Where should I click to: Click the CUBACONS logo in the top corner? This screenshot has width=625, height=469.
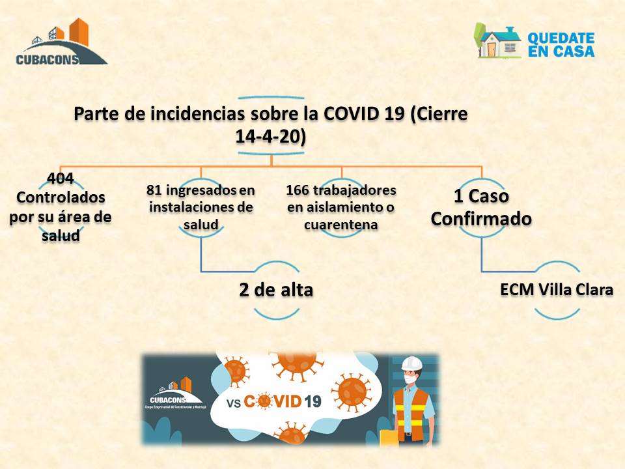(61, 42)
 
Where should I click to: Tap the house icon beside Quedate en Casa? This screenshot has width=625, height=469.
(497, 41)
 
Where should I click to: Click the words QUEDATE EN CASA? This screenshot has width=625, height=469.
(561, 45)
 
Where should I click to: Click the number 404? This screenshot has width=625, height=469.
(60, 178)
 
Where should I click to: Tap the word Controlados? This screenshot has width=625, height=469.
(61, 197)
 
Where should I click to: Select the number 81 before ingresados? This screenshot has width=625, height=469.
(154, 190)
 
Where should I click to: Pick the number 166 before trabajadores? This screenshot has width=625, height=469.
(298, 190)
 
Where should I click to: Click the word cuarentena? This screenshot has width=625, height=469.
(340, 225)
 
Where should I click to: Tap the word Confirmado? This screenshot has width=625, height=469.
(481, 219)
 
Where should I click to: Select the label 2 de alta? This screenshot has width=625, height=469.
(276, 290)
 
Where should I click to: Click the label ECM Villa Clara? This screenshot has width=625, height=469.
(557, 289)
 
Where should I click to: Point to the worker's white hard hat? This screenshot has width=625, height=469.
(412, 363)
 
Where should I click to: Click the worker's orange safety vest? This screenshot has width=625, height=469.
(411, 415)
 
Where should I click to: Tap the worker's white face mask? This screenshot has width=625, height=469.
(410, 378)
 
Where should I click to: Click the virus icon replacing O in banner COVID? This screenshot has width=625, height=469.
(264, 401)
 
